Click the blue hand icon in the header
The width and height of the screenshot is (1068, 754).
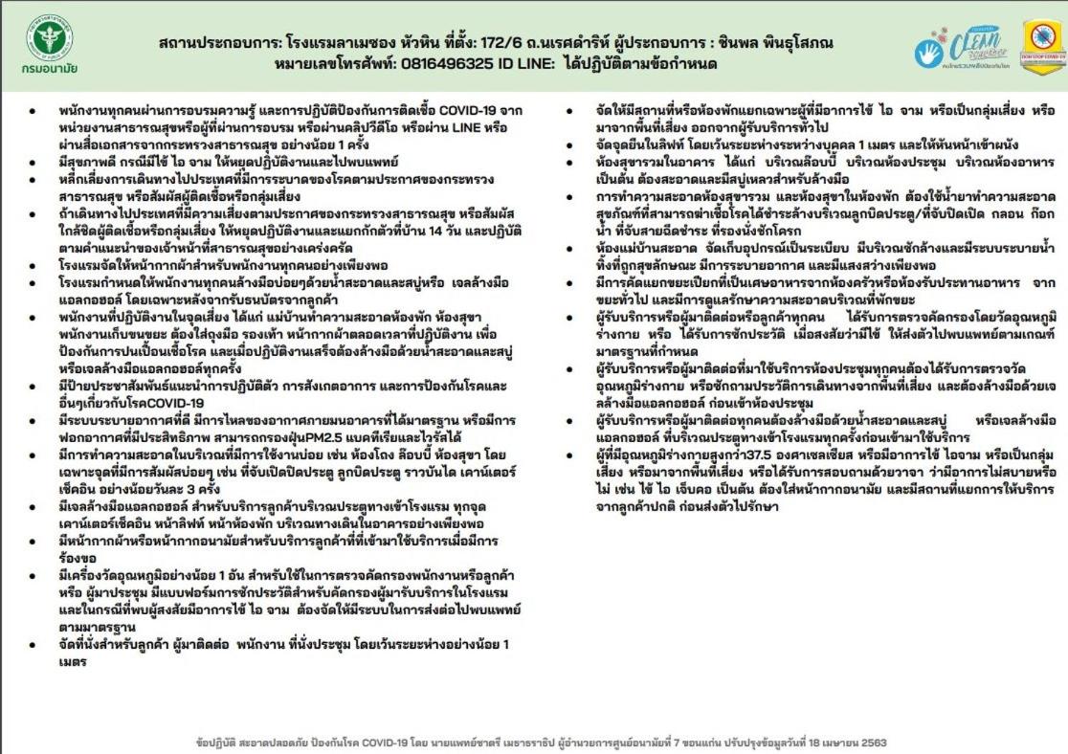tap(931, 54)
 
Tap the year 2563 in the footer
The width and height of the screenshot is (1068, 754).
tap(872, 743)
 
